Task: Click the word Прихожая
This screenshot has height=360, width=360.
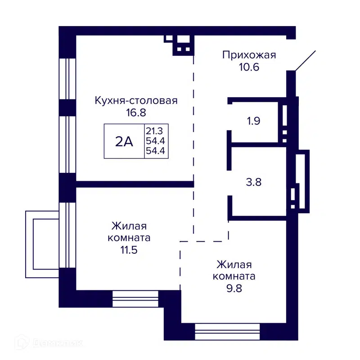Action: pyautogui.click(x=249, y=55)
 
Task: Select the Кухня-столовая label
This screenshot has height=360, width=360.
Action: pyautogui.click(x=136, y=100)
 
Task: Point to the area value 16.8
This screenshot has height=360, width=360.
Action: pyautogui.click(x=136, y=112)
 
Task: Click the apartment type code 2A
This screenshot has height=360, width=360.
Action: pyautogui.click(x=124, y=142)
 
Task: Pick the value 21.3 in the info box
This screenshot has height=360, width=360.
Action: pyautogui.click(x=155, y=131)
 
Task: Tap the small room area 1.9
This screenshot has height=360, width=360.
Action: pyautogui.click(x=254, y=121)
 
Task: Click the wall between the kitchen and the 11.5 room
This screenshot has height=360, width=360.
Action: pyautogui.click(x=135, y=184)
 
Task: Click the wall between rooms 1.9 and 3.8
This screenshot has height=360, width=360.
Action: pyautogui.click(x=256, y=145)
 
